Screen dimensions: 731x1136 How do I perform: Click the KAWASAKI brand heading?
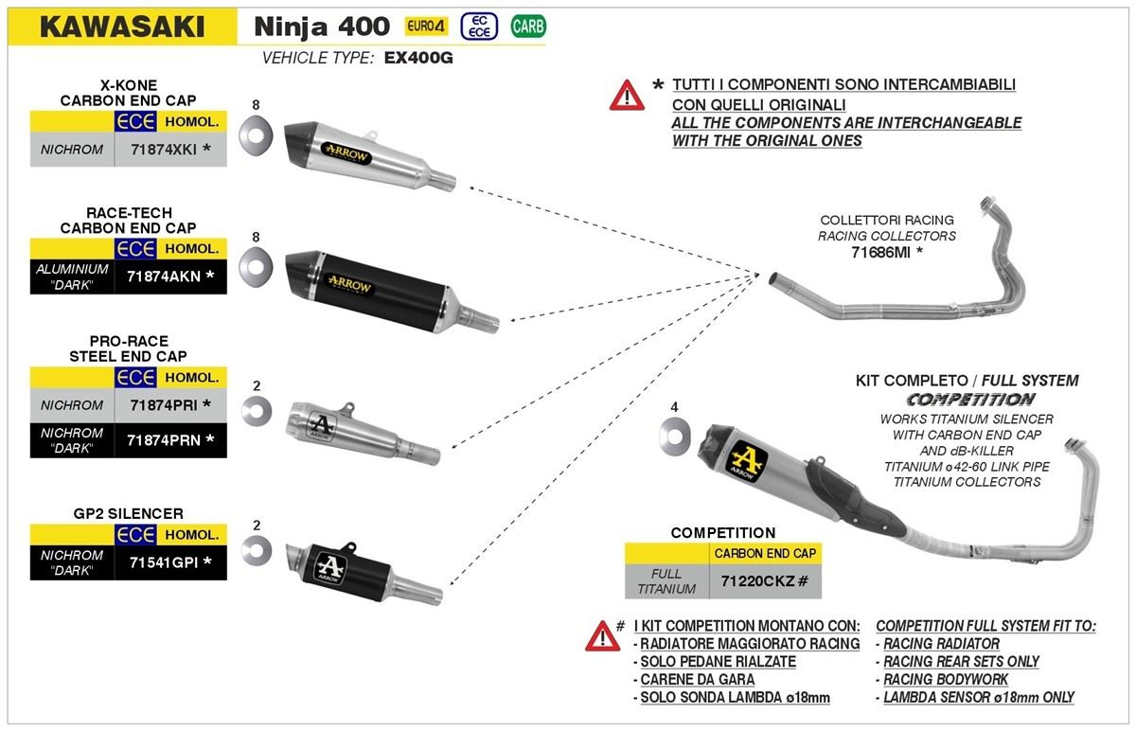pyautogui.click(x=121, y=27)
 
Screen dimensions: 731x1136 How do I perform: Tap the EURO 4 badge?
pyautogui.click(x=426, y=27)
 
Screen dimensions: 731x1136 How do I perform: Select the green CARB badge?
pyautogui.click(x=527, y=27)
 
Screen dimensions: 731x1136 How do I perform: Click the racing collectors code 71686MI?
pyautogui.click(x=886, y=252)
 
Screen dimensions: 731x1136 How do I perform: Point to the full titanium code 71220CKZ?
pyautogui.click(x=764, y=580)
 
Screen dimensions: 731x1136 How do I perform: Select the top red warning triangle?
pyautogui.click(x=627, y=94)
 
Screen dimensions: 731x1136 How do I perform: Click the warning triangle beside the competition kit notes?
pyautogui.click(x=602, y=635)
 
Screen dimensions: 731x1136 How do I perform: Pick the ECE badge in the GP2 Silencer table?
pyautogui.click(x=135, y=534)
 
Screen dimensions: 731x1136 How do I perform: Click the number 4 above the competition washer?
pyautogui.click(x=674, y=407)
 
